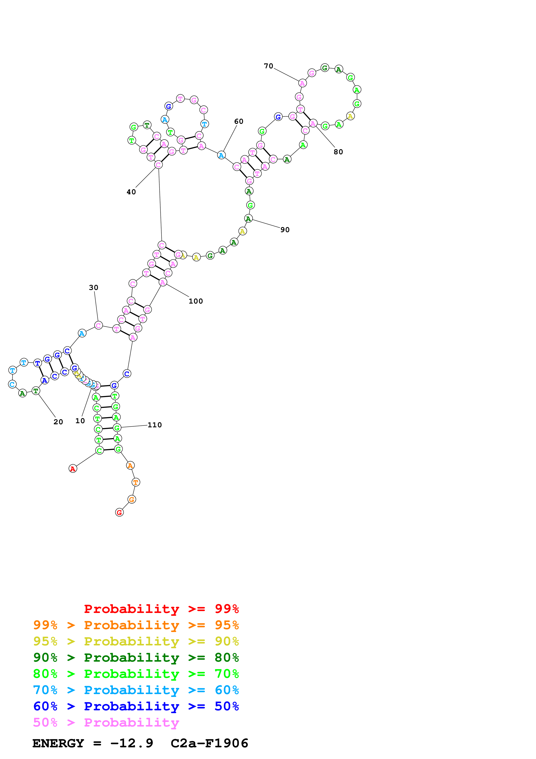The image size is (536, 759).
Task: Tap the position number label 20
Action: click(58, 422)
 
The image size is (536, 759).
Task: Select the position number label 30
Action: click(93, 288)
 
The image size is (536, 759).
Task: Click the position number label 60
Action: click(238, 121)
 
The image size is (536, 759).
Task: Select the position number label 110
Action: click(155, 425)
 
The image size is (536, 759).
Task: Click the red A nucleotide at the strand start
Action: click(73, 468)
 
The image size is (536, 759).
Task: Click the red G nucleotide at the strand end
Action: click(119, 512)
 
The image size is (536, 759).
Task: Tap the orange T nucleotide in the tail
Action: click(135, 482)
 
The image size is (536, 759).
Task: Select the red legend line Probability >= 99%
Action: click(161, 609)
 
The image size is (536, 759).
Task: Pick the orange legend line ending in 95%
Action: click(136, 625)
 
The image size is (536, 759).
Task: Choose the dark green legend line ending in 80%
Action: click(136, 658)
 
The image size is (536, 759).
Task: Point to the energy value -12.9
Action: click(132, 743)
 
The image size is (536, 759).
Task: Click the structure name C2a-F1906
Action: click(209, 743)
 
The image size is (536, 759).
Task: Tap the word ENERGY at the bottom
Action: click(58, 743)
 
